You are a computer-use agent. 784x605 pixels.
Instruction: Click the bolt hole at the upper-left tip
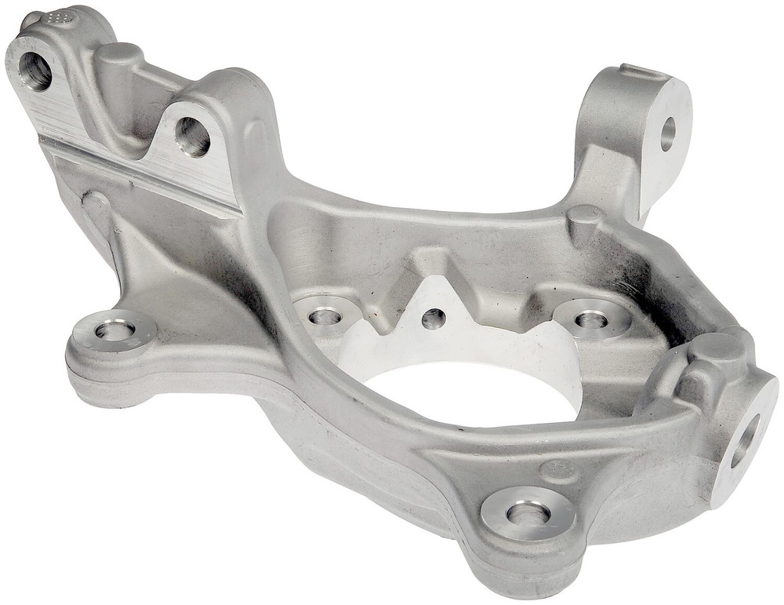pyautogui.click(x=34, y=71)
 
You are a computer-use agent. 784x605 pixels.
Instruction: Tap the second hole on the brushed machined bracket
pyautogui.click(x=192, y=137)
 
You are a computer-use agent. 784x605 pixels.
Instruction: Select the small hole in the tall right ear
pyautogui.click(x=667, y=133)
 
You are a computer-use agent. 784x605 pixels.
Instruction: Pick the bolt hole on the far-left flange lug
pyautogui.click(x=114, y=330)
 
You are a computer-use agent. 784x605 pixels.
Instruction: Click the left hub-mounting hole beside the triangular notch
pyautogui.click(x=325, y=315)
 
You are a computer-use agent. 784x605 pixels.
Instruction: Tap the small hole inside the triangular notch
pyautogui.click(x=433, y=318)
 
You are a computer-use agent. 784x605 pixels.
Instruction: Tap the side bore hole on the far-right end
pyautogui.click(x=744, y=440)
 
